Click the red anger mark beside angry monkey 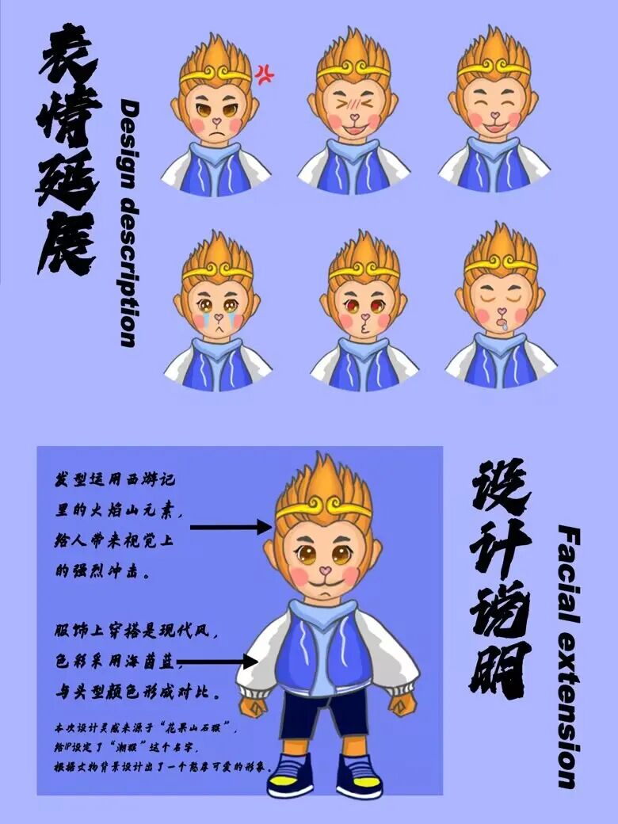coord(264,74)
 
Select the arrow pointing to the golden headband coord(231,527)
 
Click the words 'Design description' coord(129,223)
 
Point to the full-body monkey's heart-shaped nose coord(323,570)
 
